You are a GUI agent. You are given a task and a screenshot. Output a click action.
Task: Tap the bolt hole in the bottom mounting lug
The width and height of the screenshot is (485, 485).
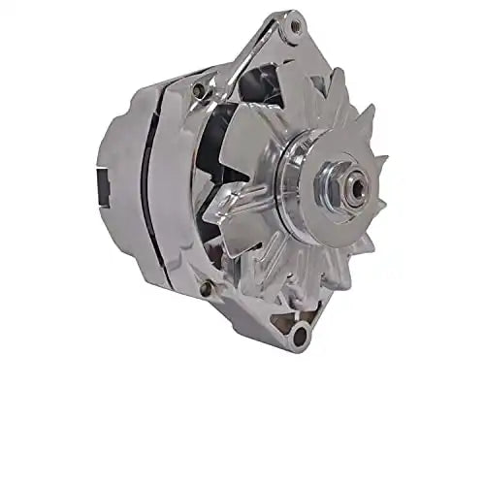[298, 336]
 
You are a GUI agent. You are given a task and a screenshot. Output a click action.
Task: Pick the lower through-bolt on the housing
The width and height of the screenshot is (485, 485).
[206, 287]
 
